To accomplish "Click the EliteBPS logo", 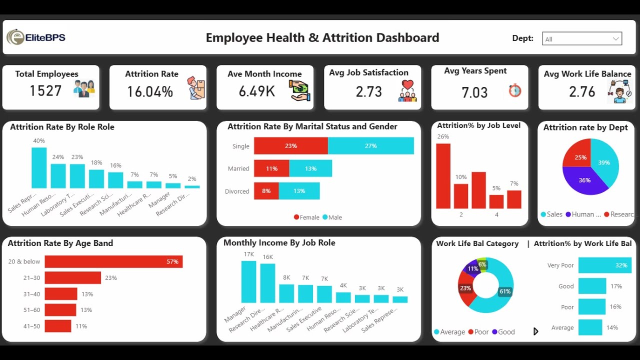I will pyautogui.click(x=36, y=37).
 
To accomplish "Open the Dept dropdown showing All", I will pyautogui.click(x=581, y=39).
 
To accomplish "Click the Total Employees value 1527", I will pyautogui.click(x=45, y=90).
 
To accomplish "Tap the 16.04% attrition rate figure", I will pyautogui.click(x=149, y=91).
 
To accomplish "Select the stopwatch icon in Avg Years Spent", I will pyautogui.click(x=515, y=90).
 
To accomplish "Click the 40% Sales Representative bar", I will pyautogui.click(x=39, y=167).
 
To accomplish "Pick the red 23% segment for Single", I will pyautogui.click(x=290, y=146).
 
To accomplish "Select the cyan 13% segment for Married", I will pyautogui.click(x=310, y=168).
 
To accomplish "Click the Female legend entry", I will pyautogui.click(x=306, y=217).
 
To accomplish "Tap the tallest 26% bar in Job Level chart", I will pyautogui.click(x=443, y=175).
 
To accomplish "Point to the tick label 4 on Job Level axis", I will pyautogui.click(x=496, y=215).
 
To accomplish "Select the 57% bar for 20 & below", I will pyautogui.click(x=113, y=261).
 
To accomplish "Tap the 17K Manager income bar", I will pyautogui.click(x=248, y=281).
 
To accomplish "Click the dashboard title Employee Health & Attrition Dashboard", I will pyautogui.click(x=322, y=38).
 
